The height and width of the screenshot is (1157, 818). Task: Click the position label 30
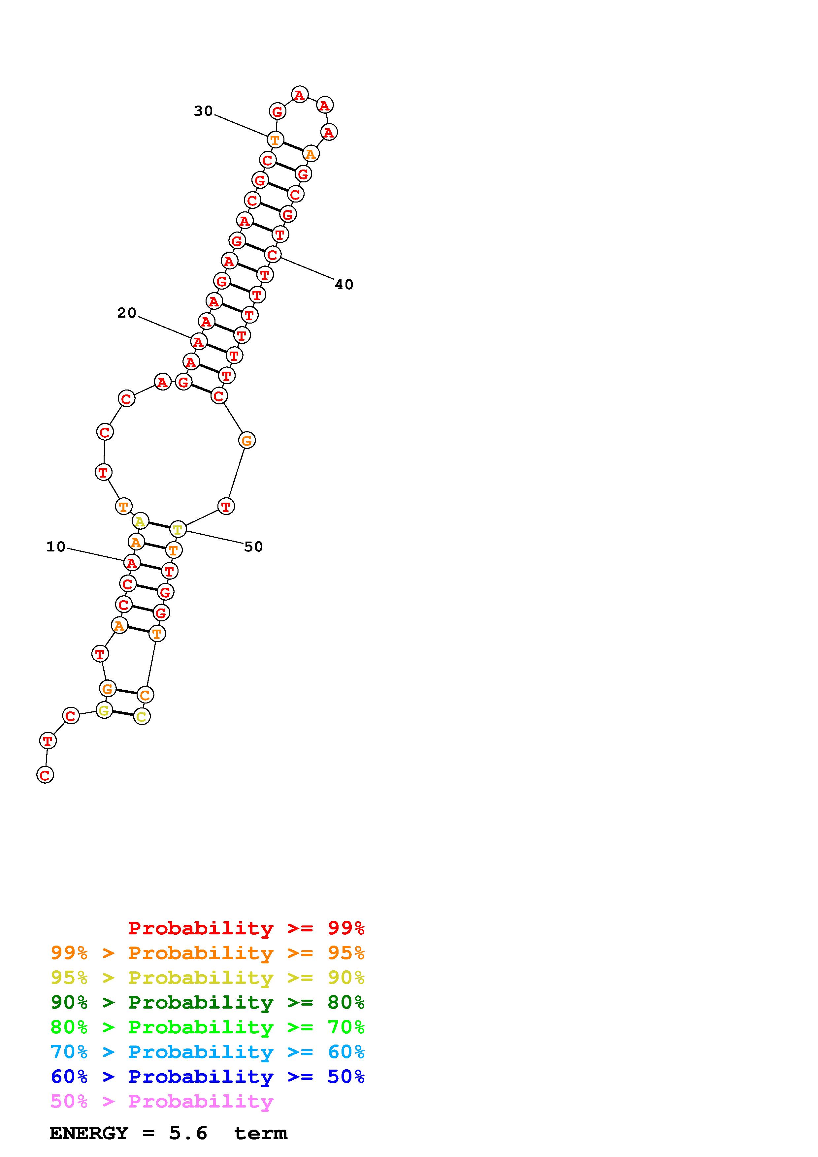(x=203, y=111)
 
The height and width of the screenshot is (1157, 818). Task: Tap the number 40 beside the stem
(x=344, y=285)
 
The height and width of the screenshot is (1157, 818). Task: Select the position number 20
(x=126, y=313)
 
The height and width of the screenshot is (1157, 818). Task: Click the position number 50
(x=253, y=547)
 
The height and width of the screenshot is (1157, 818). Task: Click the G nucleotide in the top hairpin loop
(x=277, y=111)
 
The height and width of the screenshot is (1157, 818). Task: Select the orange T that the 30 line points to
(x=275, y=140)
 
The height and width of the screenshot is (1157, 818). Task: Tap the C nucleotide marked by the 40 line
(x=272, y=255)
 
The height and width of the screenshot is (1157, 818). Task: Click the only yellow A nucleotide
(x=140, y=521)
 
